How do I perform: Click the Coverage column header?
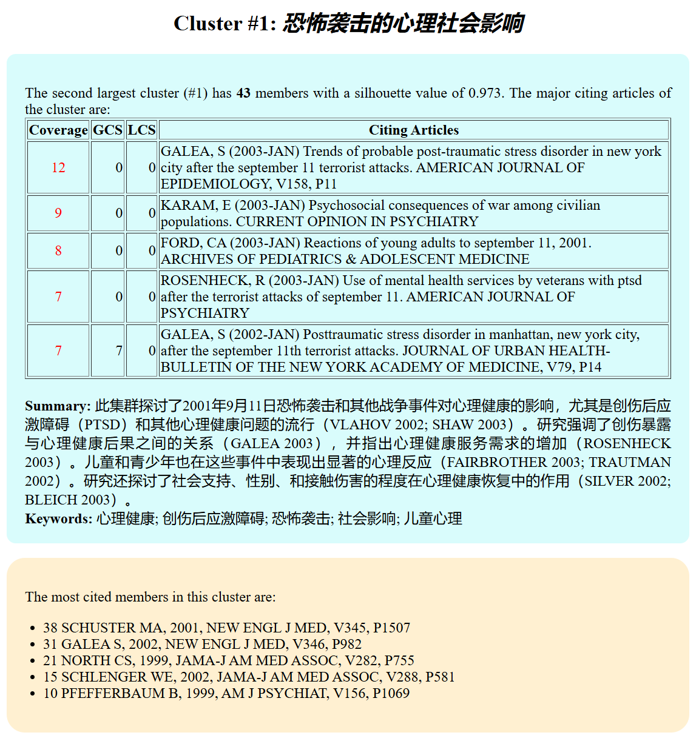point(58,130)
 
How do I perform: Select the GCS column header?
point(107,130)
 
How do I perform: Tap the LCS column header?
point(141,130)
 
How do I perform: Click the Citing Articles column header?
point(414,130)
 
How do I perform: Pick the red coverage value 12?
point(58,167)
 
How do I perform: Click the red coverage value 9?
point(58,213)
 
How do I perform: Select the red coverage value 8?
point(58,250)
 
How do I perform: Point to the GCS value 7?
point(119,350)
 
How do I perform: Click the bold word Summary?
point(57,406)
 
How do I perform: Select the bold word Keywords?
point(58,519)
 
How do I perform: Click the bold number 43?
point(243,93)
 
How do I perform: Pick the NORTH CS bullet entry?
point(228,660)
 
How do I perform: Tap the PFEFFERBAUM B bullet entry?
point(226,693)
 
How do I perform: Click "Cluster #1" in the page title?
point(225,24)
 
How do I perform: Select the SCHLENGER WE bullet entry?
point(249,677)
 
